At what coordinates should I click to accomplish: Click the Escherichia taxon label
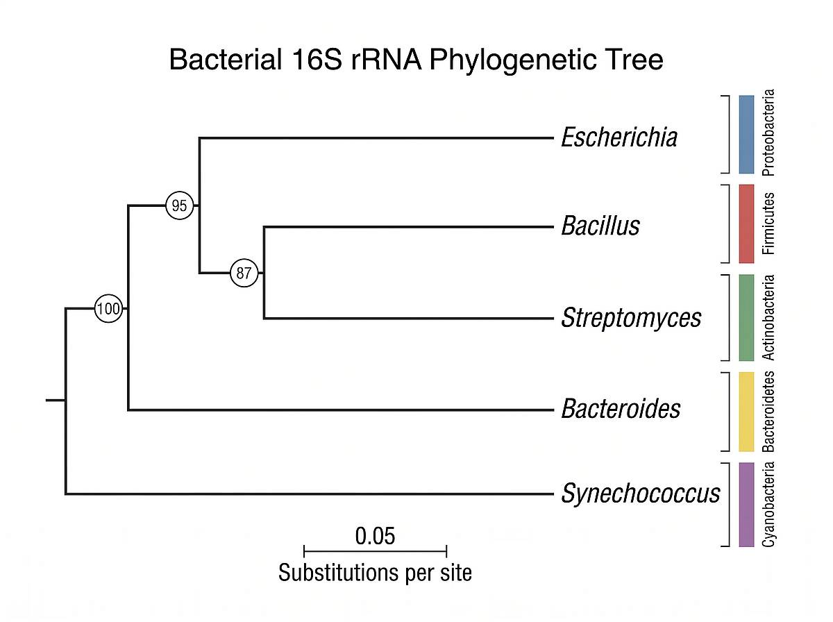point(619,137)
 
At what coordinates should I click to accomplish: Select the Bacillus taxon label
point(600,226)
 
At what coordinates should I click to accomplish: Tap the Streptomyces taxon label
point(631,319)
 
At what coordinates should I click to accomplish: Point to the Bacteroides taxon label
point(620,409)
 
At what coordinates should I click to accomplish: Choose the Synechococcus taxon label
point(640,494)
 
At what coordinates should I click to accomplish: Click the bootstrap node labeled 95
point(179,205)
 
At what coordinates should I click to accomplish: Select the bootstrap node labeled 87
point(244,273)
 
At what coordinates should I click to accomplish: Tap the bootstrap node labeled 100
point(108,309)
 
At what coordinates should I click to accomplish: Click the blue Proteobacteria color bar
point(746,134)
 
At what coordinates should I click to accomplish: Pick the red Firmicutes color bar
point(746,224)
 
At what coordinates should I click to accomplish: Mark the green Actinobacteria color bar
point(746,317)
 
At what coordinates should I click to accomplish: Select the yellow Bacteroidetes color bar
point(746,411)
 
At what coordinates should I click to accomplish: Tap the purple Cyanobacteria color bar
point(746,504)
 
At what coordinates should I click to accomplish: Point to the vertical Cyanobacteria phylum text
point(768,504)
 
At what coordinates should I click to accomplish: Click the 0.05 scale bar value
point(375,536)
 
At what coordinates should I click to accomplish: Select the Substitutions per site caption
point(375,573)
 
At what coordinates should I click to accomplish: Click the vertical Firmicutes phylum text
point(768,224)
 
